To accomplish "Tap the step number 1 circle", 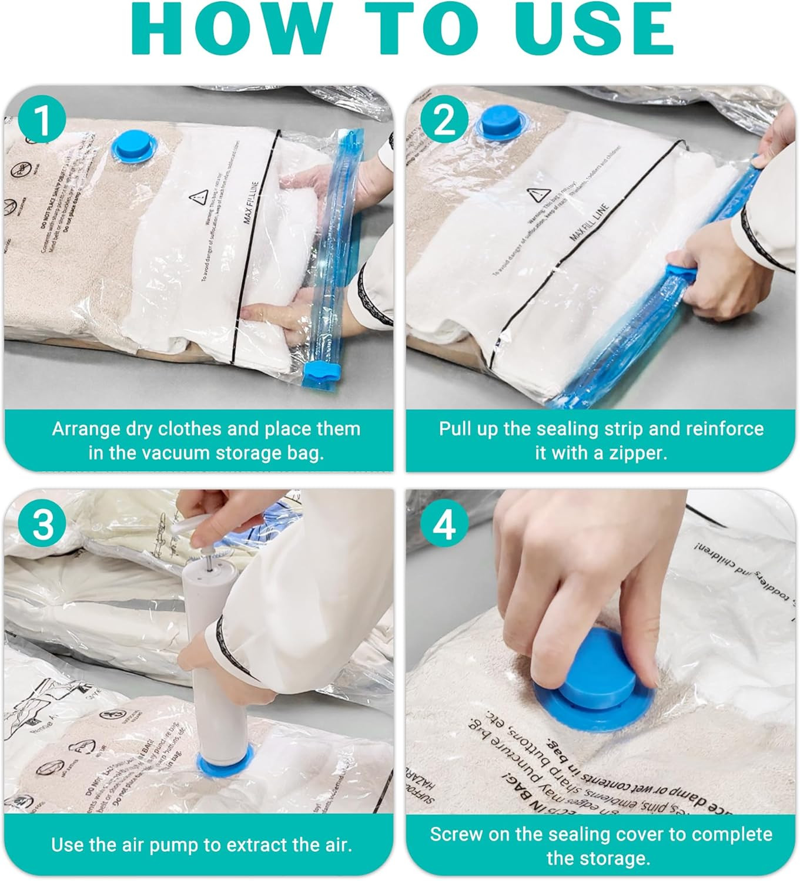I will point(42,120).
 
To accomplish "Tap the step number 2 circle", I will point(444,120).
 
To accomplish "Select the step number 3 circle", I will point(42,524).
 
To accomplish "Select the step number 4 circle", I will point(444,524).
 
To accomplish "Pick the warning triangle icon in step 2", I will point(534,194).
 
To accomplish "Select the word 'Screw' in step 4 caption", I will point(456,834).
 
